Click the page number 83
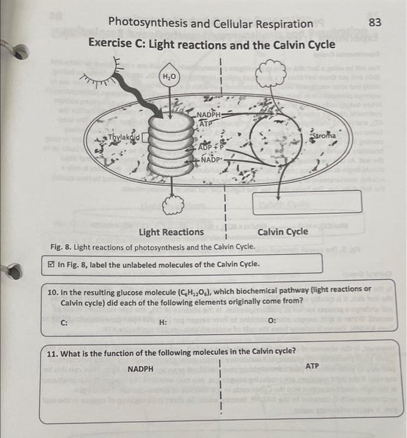(375, 23)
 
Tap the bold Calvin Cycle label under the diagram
(282, 232)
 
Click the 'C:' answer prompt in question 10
(64, 322)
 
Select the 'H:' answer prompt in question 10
(163, 322)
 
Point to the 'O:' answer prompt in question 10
(271, 321)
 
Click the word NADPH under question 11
(140, 369)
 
